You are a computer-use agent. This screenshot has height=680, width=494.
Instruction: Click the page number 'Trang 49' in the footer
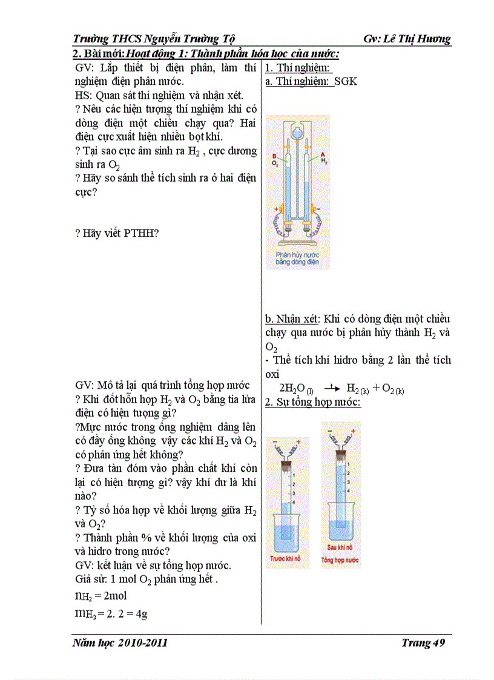[423, 643]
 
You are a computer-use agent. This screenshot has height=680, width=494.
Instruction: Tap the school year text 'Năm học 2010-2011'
[119, 643]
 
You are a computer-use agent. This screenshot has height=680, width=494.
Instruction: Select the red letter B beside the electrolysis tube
[274, 156]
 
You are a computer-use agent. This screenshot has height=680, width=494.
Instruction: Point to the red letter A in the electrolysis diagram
[323, 155]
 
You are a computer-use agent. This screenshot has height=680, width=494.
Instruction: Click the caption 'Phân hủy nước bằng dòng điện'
[297, 259]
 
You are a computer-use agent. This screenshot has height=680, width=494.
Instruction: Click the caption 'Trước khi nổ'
[287, 558]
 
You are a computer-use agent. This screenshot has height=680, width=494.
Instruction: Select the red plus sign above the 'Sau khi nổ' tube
[352, 431]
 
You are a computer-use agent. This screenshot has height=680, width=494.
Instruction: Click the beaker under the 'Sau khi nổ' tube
[341, 530]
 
